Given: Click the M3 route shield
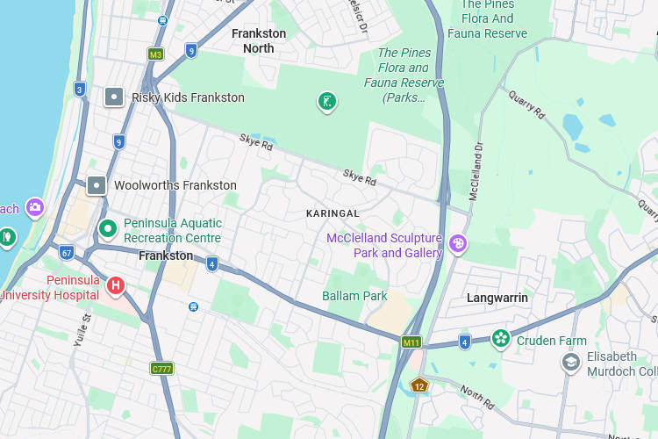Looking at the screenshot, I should [x=155, y=54].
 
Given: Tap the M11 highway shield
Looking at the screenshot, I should [x=411, y=342].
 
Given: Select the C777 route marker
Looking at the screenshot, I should [x=161, y=369].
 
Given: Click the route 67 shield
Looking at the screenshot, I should [x=67, y=252].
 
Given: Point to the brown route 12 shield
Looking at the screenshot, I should [x=419, y=385].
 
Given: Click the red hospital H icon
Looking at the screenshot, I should [x=115, y=285].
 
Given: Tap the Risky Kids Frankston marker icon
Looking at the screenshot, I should [x=114, y=97].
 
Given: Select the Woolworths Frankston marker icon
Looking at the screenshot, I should [x=97, y=185].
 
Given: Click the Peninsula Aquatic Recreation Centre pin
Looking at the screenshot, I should [x=108, y=230].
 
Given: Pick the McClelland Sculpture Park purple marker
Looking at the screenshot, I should [x=458, y=244].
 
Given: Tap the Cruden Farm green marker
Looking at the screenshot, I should [x=501, y=339].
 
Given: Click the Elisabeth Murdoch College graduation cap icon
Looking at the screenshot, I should [x=571, y=363].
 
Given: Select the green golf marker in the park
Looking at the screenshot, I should [x=326, y=102].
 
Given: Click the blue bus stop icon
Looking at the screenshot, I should [x=193, y=306].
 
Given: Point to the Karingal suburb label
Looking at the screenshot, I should [x=333, y=213].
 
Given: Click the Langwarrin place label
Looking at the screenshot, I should [x=497, y=298].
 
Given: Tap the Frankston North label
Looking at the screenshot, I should [x=259, y=40].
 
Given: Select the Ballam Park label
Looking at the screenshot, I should [x=354, y=296].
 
